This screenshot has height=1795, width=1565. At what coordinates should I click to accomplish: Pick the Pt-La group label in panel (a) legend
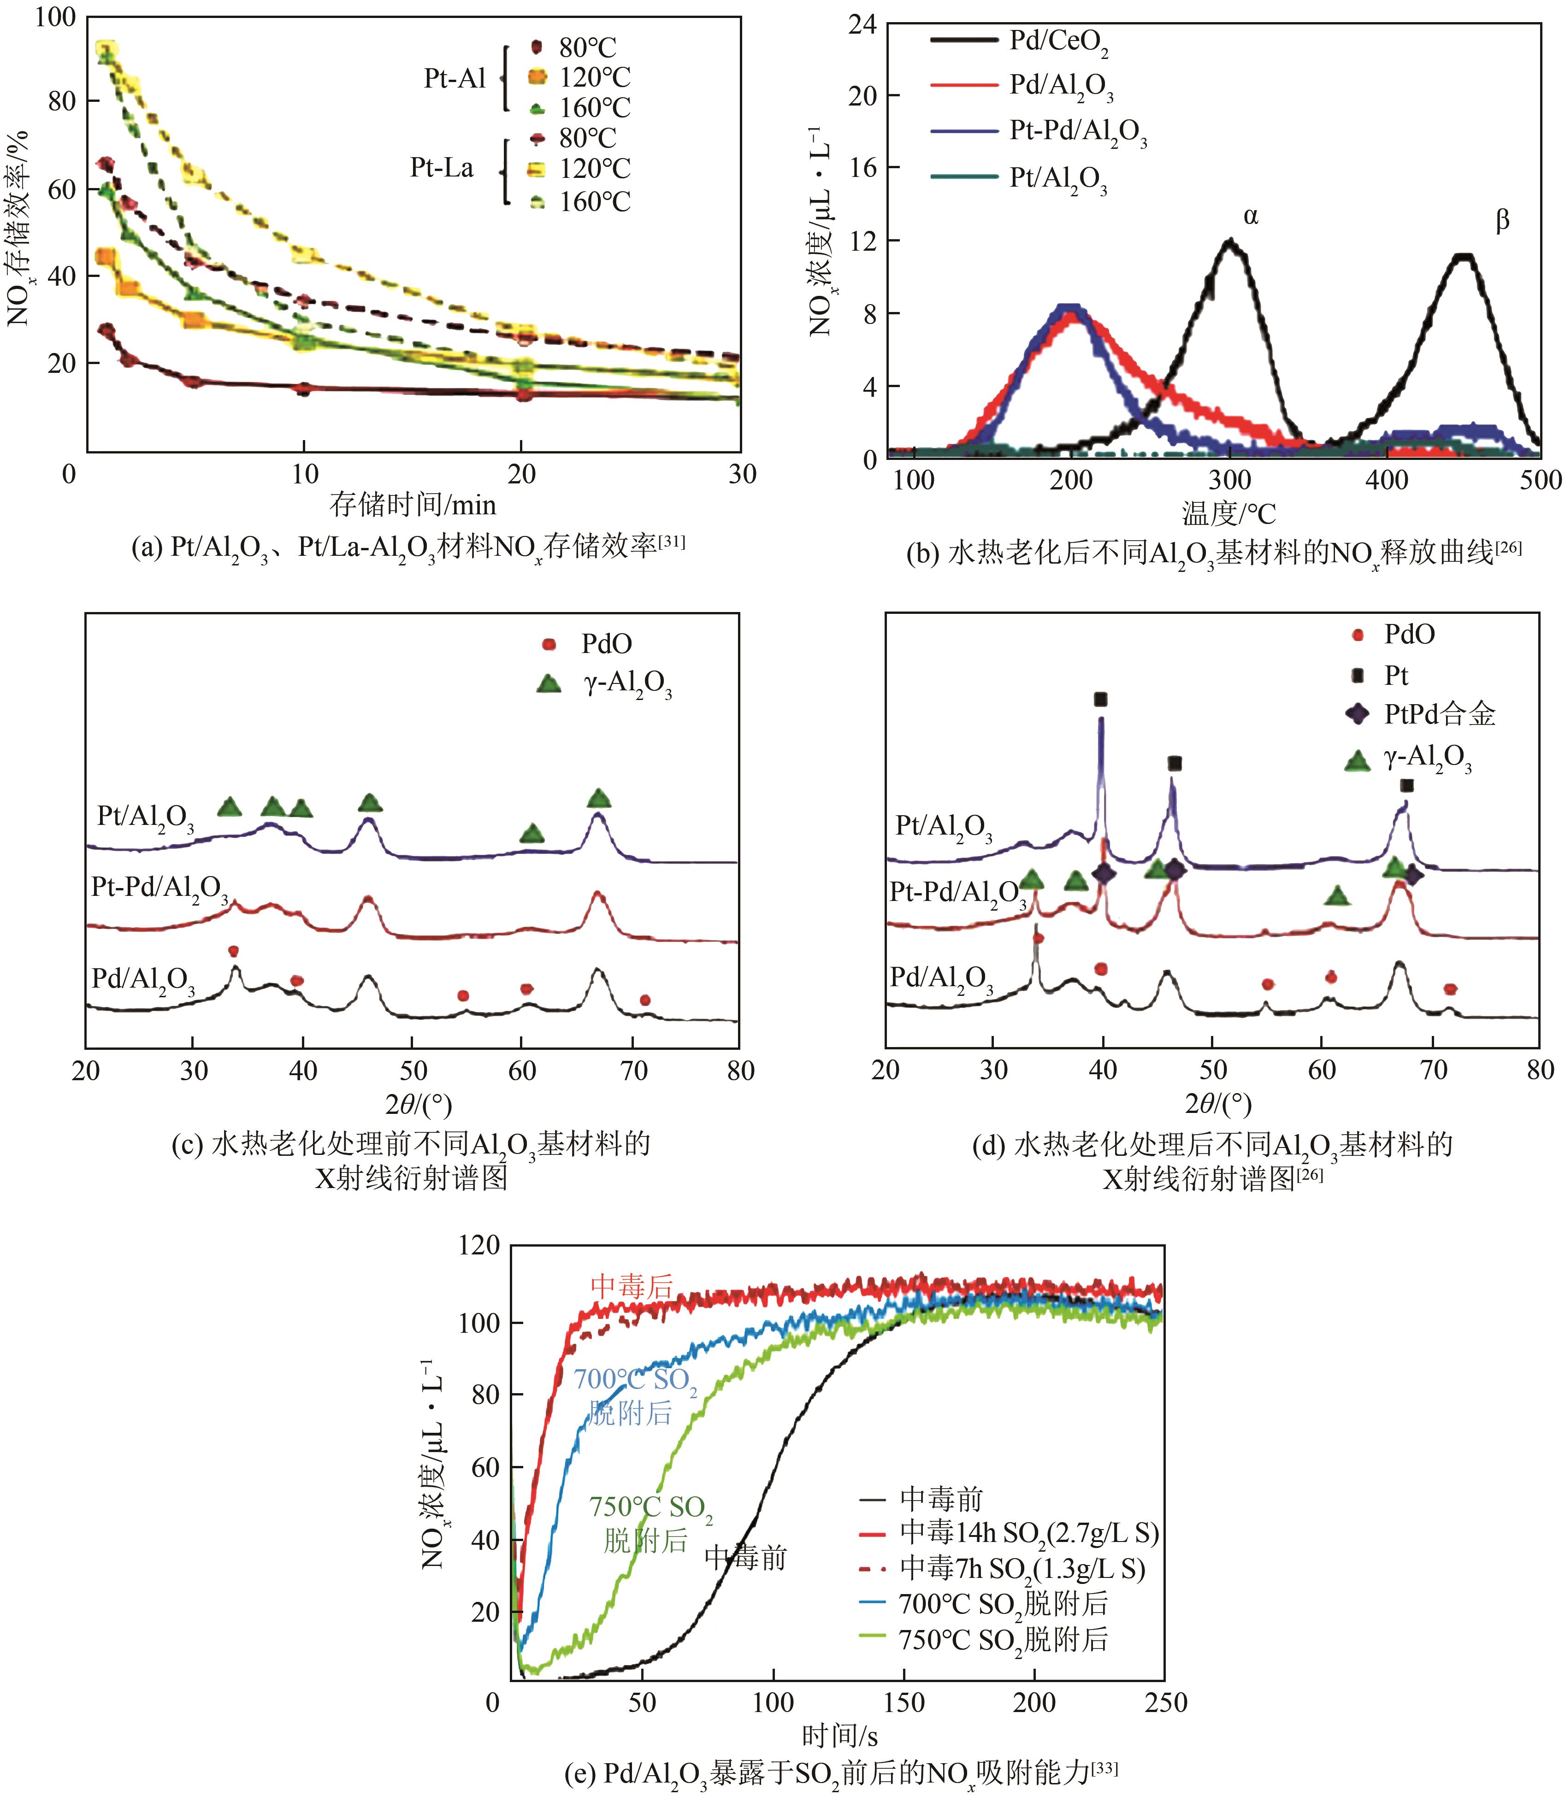coord(442,168)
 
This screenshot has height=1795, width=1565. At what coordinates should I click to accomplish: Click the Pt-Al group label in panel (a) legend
coord(454,79)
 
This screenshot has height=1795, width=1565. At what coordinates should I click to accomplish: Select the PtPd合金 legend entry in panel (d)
coord(1439,714)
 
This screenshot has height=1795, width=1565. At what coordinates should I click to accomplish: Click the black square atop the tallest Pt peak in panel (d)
coord(1100,699)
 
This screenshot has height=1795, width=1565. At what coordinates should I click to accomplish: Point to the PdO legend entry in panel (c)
coord(606,644)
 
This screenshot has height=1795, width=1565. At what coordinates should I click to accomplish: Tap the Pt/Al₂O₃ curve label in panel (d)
coord(943,826)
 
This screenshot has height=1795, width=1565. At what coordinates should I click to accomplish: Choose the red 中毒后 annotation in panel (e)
coord(632,1286)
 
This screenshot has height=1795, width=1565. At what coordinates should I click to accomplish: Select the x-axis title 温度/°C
coord(1228,513)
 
